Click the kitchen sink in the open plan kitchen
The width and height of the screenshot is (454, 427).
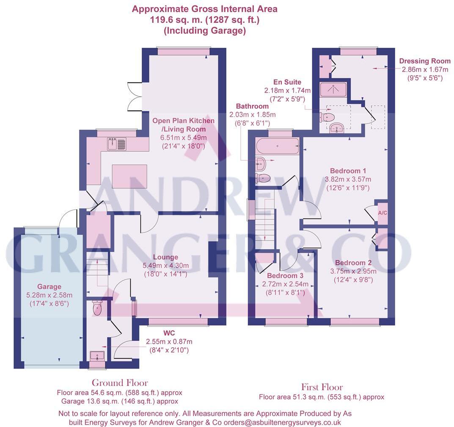(117, 144)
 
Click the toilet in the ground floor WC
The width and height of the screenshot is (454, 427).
(97, 308)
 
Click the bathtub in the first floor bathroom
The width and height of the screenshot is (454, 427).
(278, 147)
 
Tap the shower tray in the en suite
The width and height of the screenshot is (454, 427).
(333, 89)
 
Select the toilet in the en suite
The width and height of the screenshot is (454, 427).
(327, 117)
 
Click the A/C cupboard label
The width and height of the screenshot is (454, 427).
(382, 213)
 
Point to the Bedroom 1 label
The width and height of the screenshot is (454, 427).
(348, 171)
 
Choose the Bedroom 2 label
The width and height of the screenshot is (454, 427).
(348, 263)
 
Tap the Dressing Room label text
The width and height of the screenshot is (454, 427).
(425, 61)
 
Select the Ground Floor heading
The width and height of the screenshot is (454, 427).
(120, 383)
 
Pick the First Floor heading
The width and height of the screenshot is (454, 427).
(322, 387)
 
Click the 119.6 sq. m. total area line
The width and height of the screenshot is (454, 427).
(205, 20)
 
